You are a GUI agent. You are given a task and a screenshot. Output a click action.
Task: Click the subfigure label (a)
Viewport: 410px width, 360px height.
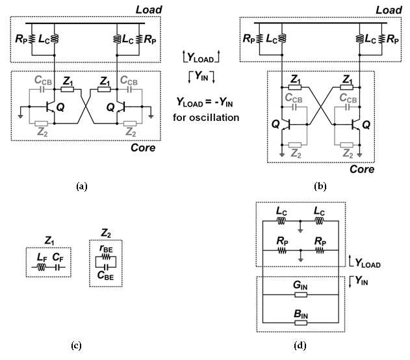[x=82, y=186]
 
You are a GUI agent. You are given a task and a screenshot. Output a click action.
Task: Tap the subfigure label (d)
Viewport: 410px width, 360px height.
[x=300, y=346]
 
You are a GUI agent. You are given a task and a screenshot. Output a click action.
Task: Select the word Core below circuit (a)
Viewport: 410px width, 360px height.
[x=143, y=148]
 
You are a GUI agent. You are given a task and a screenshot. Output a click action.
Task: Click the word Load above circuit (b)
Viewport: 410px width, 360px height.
[x=389, y=10]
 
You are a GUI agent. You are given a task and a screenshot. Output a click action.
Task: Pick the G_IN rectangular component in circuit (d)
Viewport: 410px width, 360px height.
[x=301, y=295]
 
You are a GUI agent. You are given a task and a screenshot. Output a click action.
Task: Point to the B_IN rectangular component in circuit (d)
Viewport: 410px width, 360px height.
[x=301, y=323]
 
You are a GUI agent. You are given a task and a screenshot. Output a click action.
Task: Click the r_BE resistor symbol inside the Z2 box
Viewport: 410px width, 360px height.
[x=106, y=257]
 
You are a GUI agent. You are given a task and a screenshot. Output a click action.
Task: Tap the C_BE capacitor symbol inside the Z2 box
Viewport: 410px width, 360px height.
[x=106, y=267]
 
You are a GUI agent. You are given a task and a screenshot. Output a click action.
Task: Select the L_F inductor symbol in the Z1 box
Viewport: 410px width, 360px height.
[x=42, y=267]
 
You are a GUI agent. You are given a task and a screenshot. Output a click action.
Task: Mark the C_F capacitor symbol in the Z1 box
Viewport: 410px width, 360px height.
[x=58, y=267]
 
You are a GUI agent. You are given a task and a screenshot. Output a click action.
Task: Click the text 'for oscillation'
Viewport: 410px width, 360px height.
[x=206, y=118]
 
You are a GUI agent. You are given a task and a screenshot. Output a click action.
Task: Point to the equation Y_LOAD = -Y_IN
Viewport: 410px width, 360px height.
[x=205, y=102]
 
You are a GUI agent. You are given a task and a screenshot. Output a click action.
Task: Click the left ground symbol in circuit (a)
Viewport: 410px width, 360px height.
[x=20, y=116]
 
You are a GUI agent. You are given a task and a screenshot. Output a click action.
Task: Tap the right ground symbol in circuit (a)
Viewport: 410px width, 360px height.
[x=151, y=116]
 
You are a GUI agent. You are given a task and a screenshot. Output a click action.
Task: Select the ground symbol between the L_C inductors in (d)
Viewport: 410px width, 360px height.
[x=300, y=230]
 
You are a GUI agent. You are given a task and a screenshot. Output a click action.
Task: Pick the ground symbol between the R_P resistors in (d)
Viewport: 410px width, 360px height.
[x=301, y=260]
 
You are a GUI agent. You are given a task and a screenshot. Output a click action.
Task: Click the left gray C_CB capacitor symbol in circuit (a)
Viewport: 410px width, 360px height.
[x=42, y=90]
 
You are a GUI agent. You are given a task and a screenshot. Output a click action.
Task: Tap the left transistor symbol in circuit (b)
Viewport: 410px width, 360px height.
[x=286, y=125]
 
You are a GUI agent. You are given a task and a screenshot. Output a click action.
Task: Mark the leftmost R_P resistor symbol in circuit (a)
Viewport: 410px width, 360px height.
[x=32, y=39]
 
